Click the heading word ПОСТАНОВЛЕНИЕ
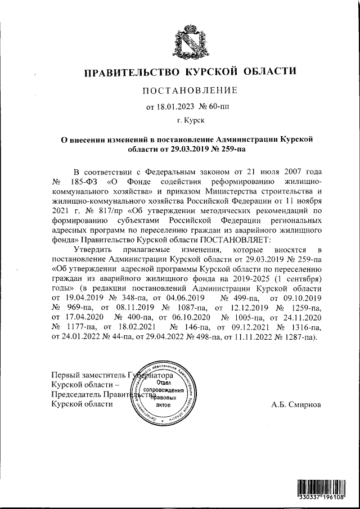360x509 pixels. click(x=189, y=90)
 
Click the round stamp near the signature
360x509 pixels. click(x=163, y=392)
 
